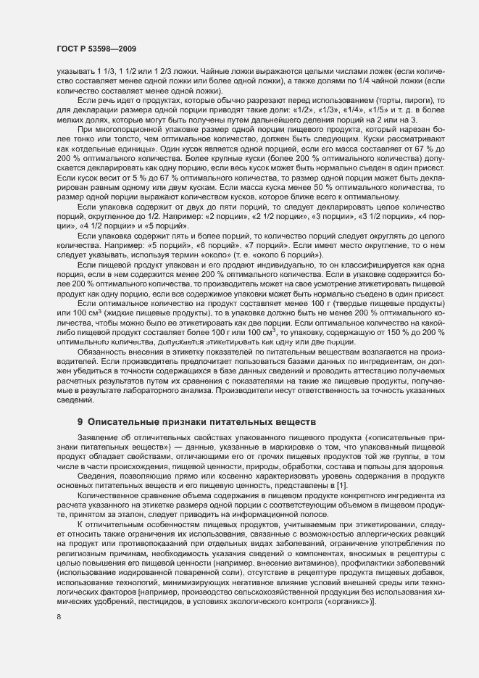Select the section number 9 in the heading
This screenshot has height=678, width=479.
click(80, 421)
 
